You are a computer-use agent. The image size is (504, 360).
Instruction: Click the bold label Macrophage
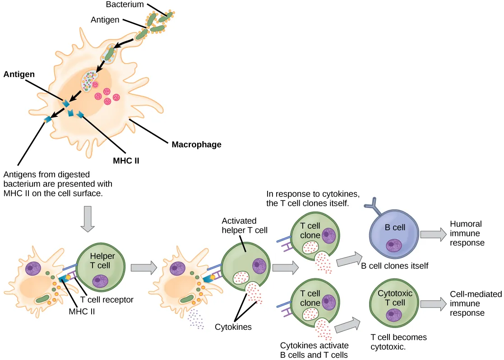coord(196,145)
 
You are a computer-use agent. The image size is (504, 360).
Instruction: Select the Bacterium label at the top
coord(125,5)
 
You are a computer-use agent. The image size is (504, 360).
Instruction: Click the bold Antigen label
coord(20,74)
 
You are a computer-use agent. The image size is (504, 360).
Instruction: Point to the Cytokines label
coord(233,327)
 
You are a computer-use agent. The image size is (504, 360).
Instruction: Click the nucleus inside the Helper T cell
coord(100,282)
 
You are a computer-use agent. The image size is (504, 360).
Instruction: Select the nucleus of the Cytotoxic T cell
coord(396,314)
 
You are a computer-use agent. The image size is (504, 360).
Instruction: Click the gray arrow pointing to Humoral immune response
coord(432,234)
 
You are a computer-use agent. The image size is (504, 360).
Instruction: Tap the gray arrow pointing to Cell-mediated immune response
coord(432,304)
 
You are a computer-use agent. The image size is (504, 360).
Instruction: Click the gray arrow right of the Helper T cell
coord(143,268)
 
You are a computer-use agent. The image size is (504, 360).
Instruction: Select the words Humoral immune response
coord(467,233)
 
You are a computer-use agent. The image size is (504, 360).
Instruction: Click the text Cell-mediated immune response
coord(476,303)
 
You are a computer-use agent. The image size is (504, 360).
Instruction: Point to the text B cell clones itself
coord(394,266)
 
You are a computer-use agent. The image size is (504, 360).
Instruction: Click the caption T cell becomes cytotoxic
coord(398,342)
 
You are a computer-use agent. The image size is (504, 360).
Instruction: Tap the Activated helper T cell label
coord(245,226)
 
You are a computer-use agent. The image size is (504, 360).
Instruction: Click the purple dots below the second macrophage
coord(196,319)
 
